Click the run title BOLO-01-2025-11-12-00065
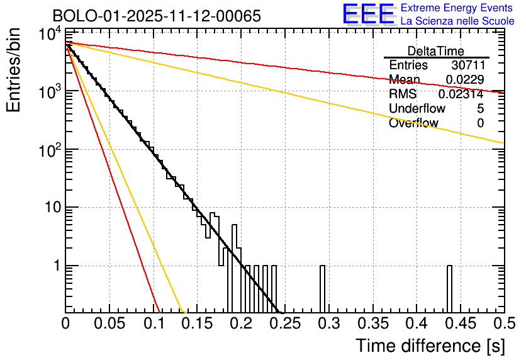156,16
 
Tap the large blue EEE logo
368,13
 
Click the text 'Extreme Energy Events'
457,8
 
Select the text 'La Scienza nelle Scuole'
457,21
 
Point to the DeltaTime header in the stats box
435,51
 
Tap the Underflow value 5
480,108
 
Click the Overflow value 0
480,123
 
